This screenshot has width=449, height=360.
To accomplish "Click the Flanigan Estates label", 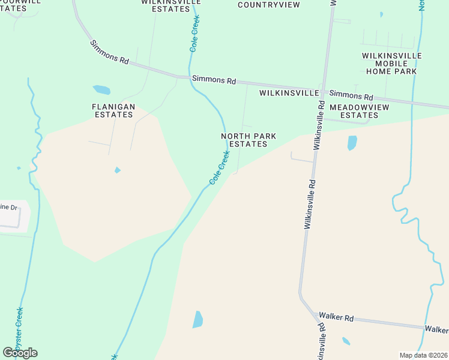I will (x=113, y=110).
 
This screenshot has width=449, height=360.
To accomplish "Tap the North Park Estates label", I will (x=249, y=140).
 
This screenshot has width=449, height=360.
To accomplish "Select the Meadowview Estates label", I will (x=359, y=110).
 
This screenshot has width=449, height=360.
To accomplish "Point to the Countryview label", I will (x=261, y=4).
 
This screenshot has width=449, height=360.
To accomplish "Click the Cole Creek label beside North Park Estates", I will (x=220, y=167).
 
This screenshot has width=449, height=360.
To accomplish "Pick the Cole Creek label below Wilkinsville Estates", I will (x=195, y=33).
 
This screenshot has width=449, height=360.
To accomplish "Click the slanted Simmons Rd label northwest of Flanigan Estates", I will (x=110, y=52).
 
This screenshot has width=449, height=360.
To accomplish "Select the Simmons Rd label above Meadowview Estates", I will (x=351, y=95).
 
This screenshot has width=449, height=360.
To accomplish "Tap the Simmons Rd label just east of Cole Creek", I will (x=213, y=79).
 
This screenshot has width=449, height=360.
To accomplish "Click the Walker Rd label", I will (x=336, y=316).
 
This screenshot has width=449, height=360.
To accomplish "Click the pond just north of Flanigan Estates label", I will (x=101, y=90).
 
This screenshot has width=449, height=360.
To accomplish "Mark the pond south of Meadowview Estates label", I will (x=352, y=143).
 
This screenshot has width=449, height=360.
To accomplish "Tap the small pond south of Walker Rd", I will (x=346, y=341).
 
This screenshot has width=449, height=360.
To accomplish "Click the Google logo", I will (x=20, y=352).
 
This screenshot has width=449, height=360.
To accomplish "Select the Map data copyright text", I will (x=423, y=355).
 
